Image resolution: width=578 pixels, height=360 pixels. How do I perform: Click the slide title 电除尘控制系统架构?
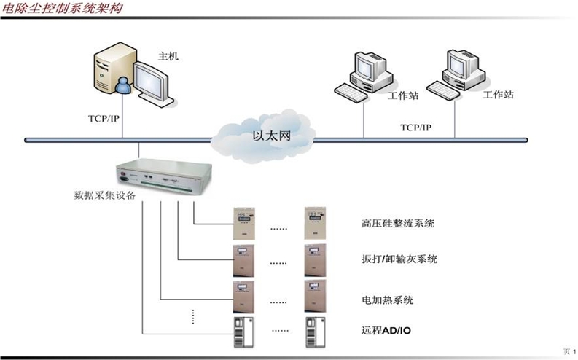coord(62,9)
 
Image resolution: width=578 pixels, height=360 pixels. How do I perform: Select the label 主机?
coord(168,55)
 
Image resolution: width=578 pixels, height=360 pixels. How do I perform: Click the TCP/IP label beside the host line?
coord(95,117)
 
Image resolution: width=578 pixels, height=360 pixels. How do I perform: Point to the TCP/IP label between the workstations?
coord(415,127)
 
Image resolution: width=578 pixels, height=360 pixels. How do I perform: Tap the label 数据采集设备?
coord(105,195)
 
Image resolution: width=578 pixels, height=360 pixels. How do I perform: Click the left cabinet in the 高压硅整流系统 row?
coord(243,222)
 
